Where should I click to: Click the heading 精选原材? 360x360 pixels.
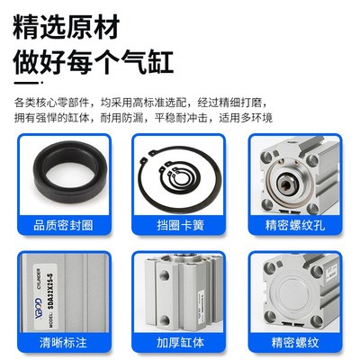pos(68,26)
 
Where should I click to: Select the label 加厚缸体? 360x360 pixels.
pos(180,342)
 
